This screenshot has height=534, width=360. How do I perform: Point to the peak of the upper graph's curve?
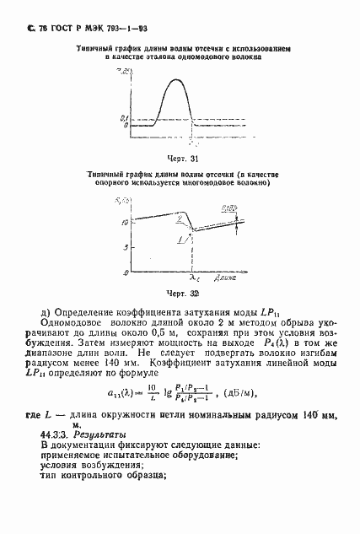(176, 78)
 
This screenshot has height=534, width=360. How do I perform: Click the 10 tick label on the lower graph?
(124, 222)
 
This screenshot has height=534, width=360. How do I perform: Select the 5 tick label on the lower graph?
(126, 247)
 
